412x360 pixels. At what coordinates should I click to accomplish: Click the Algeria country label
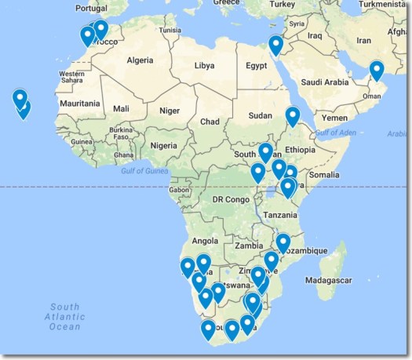[140, 60]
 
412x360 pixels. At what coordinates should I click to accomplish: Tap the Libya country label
[204, 65]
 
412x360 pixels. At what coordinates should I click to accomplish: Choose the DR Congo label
[230, 199]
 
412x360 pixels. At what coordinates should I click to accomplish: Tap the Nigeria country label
[163, 145]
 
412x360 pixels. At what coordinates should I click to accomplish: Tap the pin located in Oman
[377, 70]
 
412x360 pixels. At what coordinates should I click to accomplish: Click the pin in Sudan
[293, 116]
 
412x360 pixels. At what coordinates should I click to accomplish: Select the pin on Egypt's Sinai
[275, 45]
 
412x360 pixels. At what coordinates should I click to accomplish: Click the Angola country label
[205, 241]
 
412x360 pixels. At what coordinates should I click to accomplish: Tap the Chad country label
[210, 122]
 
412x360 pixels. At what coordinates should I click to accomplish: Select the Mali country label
[121, 109]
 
